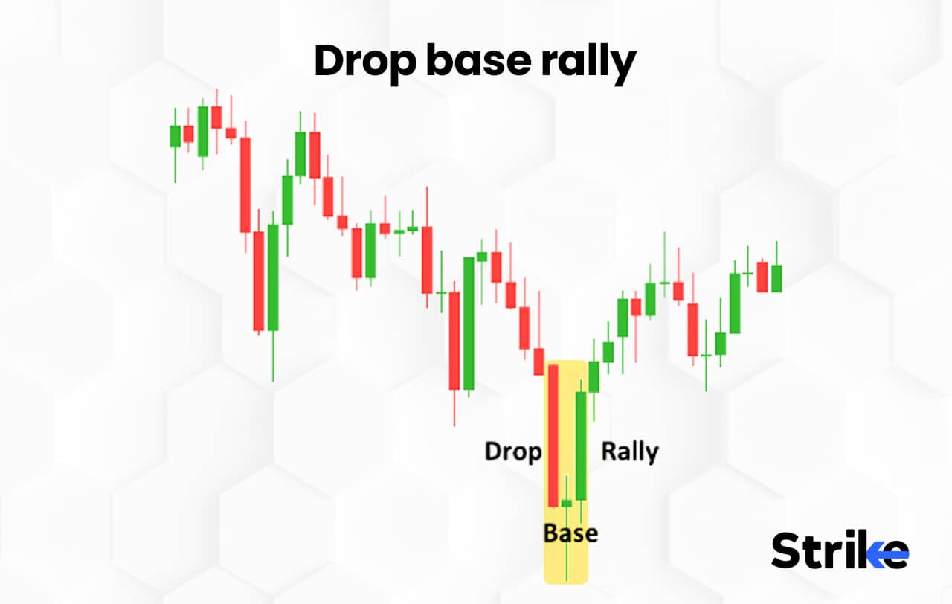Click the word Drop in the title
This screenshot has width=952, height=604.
(365, 62)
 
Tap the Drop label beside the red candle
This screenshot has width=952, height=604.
(513, 452)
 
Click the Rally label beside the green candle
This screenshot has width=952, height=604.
(630, 452)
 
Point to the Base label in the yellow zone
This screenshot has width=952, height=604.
(570, 533)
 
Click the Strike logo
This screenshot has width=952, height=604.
(840, 551)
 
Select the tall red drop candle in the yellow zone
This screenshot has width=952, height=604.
(553, 435)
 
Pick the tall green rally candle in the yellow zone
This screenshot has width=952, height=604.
(581, 445)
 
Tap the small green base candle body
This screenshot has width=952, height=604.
(567, 504)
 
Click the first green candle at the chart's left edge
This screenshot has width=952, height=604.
(176, 136)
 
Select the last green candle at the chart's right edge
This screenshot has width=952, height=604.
(776, 278)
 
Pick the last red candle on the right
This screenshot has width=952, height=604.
(762, 276)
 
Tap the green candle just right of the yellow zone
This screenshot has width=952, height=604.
(594, 376)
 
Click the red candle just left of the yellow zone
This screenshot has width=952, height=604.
(538, 362)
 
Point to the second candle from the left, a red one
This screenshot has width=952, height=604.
(189, 134)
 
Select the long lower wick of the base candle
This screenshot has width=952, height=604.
(567, 543)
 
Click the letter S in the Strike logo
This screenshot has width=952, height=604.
(788, 551)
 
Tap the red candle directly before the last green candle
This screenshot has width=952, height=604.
(762, 276)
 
